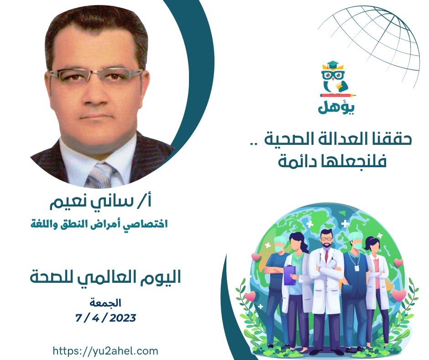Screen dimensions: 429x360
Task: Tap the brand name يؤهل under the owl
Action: pos(336,107)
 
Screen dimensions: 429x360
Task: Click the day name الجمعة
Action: pos(105,302)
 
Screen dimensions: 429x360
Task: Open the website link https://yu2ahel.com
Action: pos(105,350)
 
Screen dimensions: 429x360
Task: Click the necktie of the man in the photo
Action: pos(101,175)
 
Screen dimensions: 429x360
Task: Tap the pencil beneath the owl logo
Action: pos(339,95)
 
